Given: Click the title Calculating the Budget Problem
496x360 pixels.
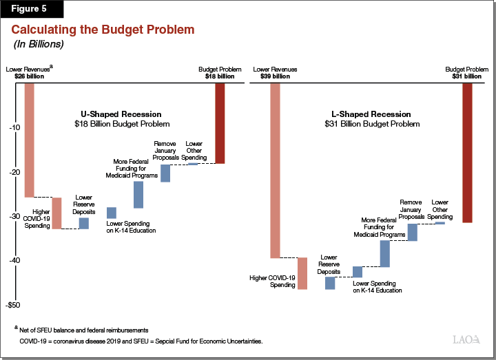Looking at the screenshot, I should click(x=103, y=30).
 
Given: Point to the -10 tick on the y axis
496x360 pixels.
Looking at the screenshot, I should click(x=14, y=128).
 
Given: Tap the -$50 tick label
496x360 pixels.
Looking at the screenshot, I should click(x=13, y=305).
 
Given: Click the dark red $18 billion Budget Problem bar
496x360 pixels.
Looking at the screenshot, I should click(x=220, y=123).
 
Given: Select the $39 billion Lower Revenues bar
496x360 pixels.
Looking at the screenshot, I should click(x=276, y=170).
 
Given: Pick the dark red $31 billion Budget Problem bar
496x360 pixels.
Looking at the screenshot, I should click(x=467, y=152).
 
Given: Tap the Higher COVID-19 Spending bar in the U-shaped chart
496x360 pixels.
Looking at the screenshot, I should click(x=57, y=213).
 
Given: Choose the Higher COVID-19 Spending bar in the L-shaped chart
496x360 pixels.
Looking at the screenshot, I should click(x=302, y=273).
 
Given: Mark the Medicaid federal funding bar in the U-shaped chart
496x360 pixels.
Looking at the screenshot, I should click(x=138, y=195).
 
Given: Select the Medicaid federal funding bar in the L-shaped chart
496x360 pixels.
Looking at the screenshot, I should click(x=384, y=253).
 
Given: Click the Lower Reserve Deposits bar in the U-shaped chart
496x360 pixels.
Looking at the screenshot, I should click(x=83, y=223).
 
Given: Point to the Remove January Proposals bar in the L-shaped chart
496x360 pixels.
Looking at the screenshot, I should click(x=412, y=232).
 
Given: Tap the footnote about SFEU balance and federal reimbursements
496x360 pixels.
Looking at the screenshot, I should click(x=83, y=331).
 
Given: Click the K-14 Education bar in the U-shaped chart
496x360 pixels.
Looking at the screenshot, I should click(x=112, y=213).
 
